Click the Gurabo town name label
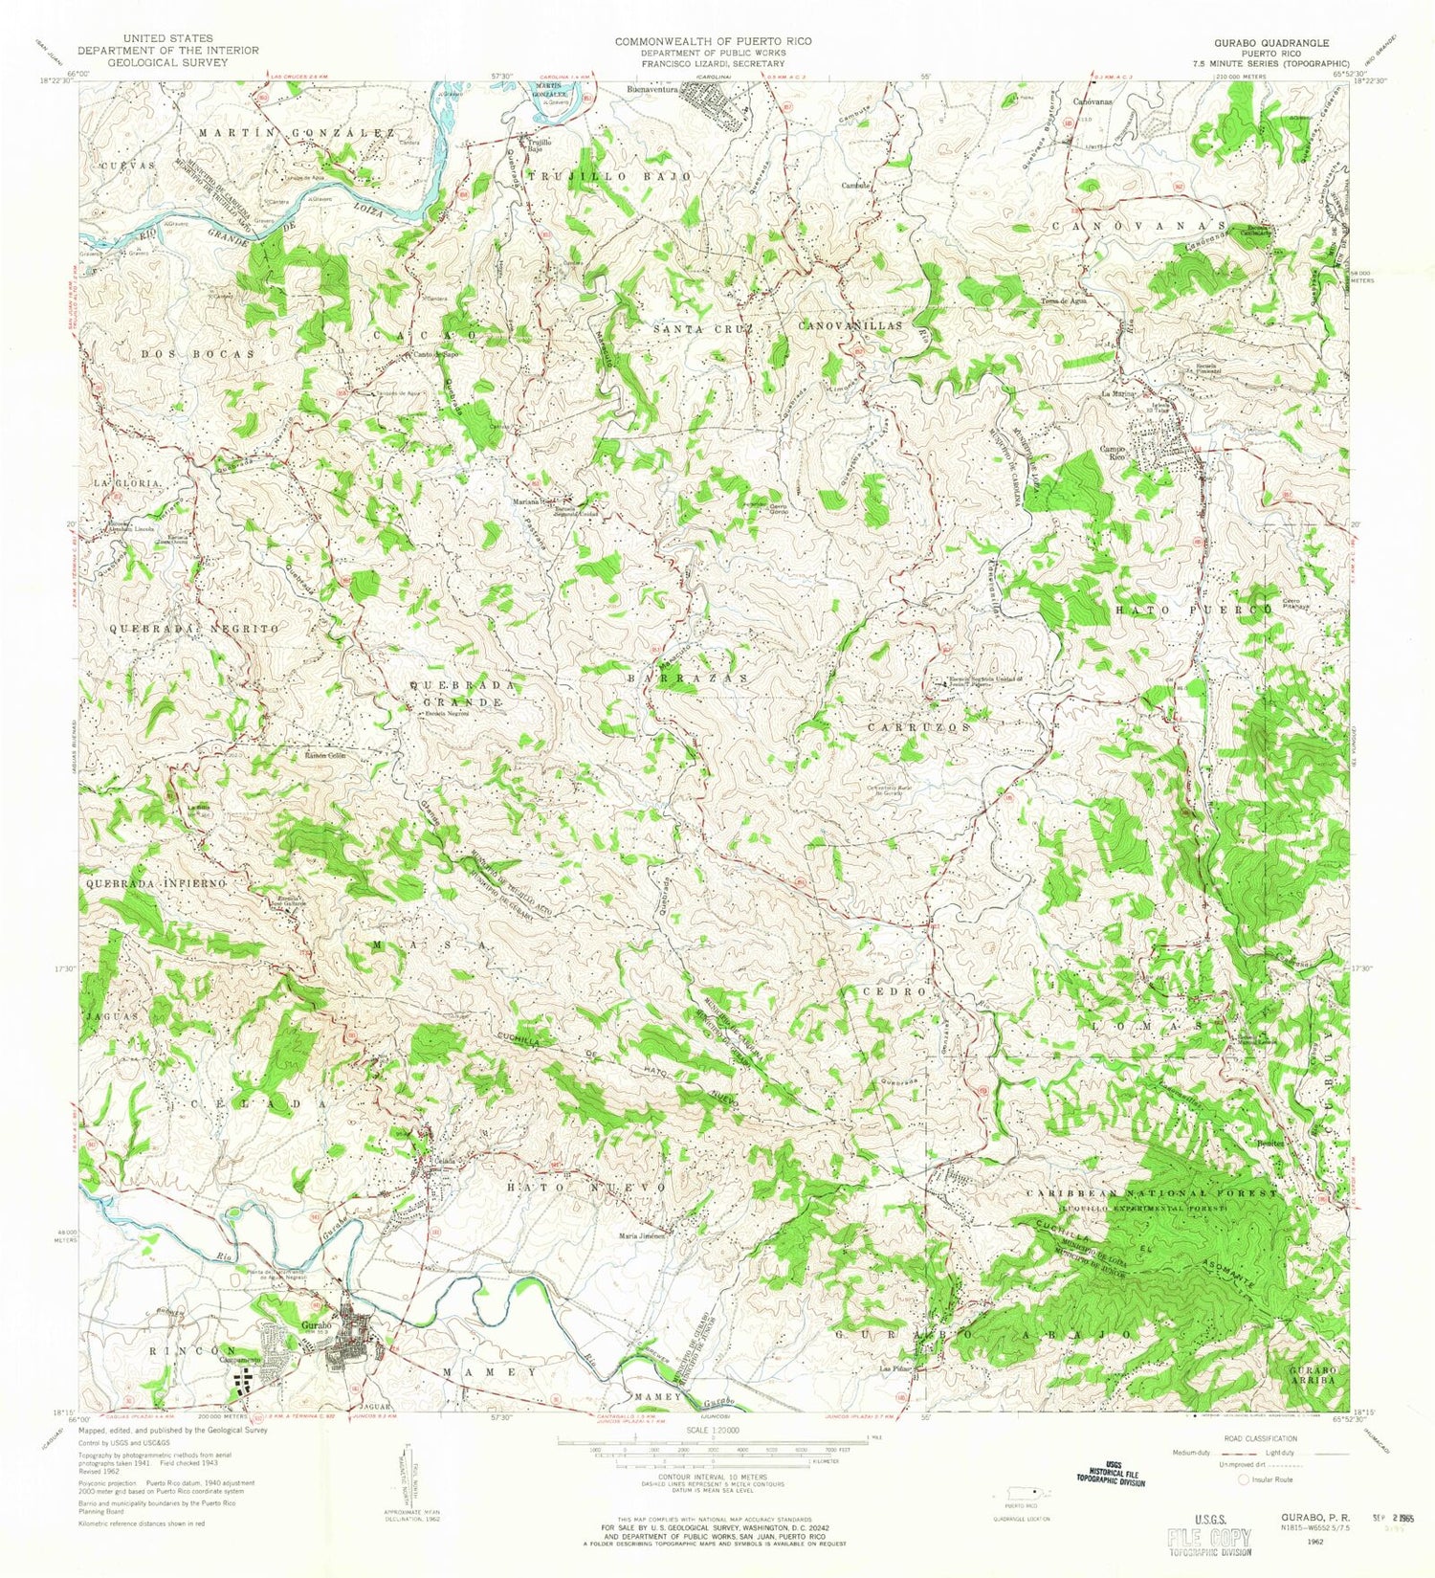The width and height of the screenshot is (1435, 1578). pyautogui.click(x=315, y=1325)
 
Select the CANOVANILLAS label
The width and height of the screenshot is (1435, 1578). pyautogui.click(x=850, y=326)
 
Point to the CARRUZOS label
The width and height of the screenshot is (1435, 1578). pyautogui.click(x=919, y=727)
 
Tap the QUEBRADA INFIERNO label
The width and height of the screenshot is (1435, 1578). pyautogui.click(x=156, y=883)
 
